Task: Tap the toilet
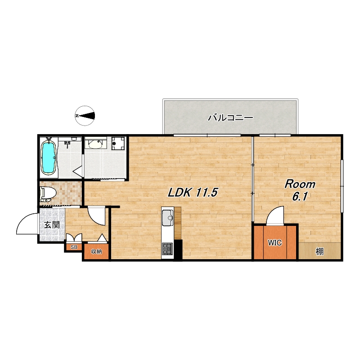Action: tap(47, 194)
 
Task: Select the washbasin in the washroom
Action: tap(95, 144)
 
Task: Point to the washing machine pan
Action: tap(118, 143)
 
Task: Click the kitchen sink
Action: tap(167, 218)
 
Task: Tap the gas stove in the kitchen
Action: tap(167, 249)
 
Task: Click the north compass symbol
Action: tap(85, 116)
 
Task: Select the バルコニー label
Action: tap(230, 118)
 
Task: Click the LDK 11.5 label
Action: tap(193, 193)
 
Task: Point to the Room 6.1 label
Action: tap(300, 190)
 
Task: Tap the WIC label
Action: tap(275, 243)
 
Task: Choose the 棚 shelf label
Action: tap(319, 252)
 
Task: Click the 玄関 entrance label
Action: tap(52, 225)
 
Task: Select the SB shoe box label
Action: tap(74, 247)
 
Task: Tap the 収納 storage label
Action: tap(96, 252)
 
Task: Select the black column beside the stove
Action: tap(178, 250)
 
